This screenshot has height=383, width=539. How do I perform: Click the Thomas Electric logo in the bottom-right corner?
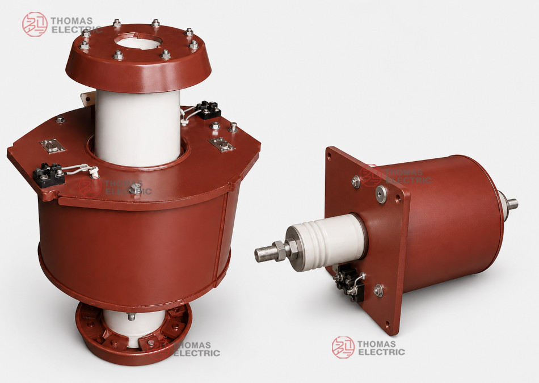[368, 347]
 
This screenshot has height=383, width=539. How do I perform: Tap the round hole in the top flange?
[138, 41]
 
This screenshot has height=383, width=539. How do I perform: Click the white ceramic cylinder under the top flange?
[137, 127]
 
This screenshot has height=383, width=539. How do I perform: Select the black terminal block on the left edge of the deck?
[48, 175]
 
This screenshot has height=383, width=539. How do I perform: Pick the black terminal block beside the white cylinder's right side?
[208, 110]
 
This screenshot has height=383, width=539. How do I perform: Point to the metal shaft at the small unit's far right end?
[512, 204]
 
